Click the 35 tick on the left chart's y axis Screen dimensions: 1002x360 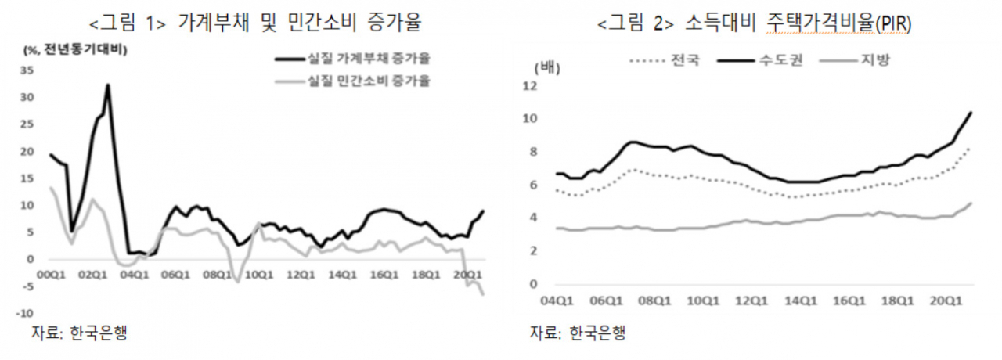(x=27, y=70)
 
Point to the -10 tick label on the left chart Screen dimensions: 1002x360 (x=24, y=313)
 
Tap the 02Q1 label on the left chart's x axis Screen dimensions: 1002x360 (x=92, y=275)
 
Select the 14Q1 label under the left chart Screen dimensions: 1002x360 (x=343, y=275)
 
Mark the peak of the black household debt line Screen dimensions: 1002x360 (x=108, y=85)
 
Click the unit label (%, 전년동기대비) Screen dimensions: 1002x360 (x=75, y=49)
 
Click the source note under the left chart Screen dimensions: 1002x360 (x=79, y=333)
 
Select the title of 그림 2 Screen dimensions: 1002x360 (x=754, y=23)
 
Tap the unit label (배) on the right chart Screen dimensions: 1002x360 (x=547, y=68)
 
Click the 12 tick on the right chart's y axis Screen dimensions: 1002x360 (x=531, y=85)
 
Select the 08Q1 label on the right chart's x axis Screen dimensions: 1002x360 (x=654, y=301)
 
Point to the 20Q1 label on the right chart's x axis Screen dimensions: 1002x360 (x=946, y=301)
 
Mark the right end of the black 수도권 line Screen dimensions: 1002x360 (x=971, y=112)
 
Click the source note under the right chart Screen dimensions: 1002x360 (x=578, y=333)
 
